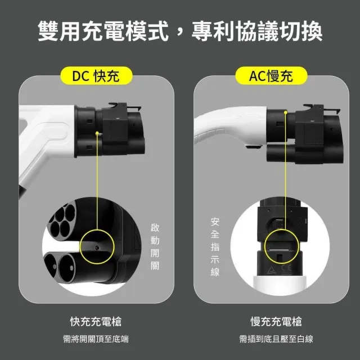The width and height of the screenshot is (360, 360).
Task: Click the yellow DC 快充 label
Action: click(96, 75)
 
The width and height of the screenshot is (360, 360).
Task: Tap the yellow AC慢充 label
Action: click(271, 75)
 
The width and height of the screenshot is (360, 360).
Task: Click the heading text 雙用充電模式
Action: click(103, 31)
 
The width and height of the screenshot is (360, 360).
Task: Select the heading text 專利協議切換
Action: click(257, 31)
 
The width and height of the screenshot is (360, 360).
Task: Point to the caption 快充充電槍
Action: click(96, 321)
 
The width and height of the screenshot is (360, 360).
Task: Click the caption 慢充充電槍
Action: click(276, 321)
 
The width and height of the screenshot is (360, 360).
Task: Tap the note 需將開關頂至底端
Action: click(96, 339)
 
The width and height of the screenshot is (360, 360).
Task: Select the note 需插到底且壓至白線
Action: click(276, 339)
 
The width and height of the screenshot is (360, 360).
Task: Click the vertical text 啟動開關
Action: click(155, 246)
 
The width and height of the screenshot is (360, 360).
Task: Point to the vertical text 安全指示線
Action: click(215, 247)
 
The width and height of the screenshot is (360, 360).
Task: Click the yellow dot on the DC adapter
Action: click(97, 133)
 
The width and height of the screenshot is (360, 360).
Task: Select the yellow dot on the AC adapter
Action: click(286, 112)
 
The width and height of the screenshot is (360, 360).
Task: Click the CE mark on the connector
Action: click(287, 268)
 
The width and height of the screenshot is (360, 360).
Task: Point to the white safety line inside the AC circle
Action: click(279, 250)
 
